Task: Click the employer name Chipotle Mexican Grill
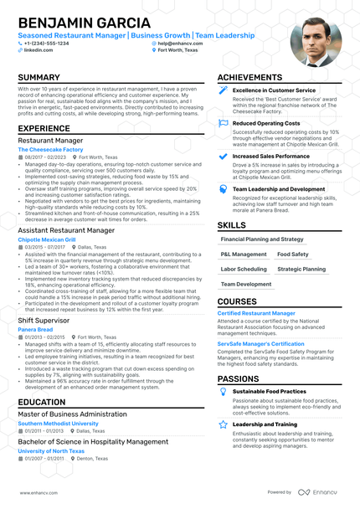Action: pyautogui.click(x=47, y=239)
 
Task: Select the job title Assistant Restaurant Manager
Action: pyautogui.click(x=66, y=229)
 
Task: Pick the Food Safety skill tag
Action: pyautogui.click(x=293, y=254)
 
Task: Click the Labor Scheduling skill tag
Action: pyautogui.click(x=244, y=270)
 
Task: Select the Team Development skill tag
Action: pyautogui.click(x=246, y=285)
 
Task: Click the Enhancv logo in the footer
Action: pyautogui.click(x=320, y=492)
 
